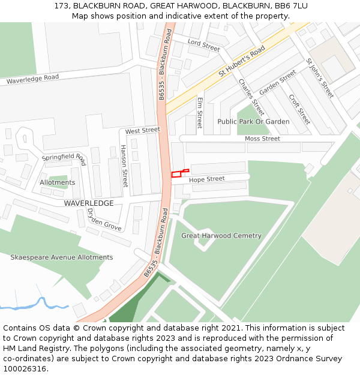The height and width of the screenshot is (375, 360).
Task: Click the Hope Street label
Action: coord(207,179)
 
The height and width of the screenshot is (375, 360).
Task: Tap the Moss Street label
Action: coord(262,139)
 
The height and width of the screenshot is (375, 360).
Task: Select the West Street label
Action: coord(143,130)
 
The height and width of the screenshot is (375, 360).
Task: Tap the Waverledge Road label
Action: coord(32,79)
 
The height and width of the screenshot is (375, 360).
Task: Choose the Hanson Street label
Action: coord(124,166)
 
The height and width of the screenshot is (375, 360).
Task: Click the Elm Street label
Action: coord(200,112)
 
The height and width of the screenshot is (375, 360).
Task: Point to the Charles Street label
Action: coord(251,97)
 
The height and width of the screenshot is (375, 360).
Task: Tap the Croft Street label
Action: coord(299,109)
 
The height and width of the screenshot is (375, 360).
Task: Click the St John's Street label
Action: coord(319,78)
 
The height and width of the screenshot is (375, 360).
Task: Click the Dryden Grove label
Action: coord(103,220)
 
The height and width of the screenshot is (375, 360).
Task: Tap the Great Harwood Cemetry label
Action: coord(221,236)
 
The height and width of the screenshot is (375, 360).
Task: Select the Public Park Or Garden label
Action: coord(253,122)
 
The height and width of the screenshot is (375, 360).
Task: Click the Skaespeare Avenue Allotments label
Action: coord(61,257)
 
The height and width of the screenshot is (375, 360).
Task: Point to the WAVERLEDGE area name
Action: coord(89,203)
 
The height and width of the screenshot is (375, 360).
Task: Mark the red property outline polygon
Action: coord(177,175)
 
